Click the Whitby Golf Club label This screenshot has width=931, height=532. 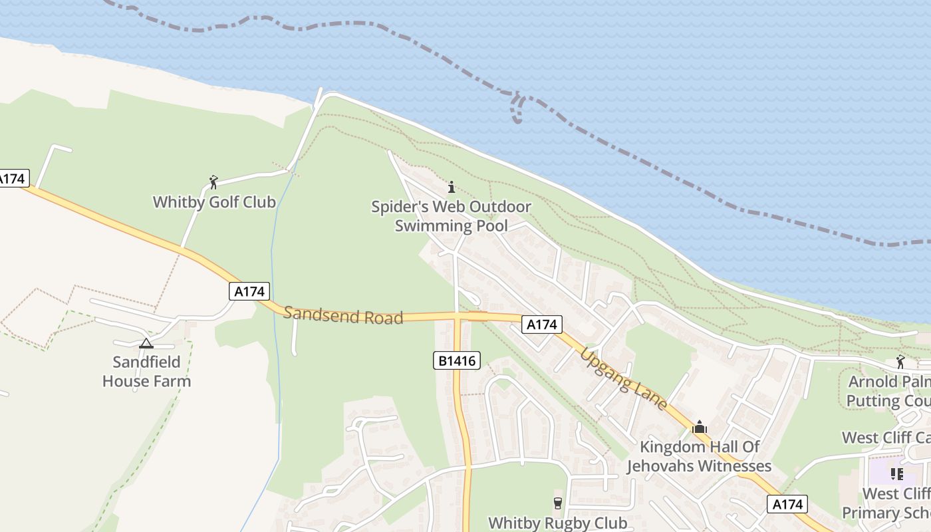tap(214, 202)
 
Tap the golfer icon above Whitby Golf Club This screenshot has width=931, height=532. tap(213, 182)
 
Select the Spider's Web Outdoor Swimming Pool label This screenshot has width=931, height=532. tap(451, 216)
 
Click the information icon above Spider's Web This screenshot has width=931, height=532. tap(452, 187)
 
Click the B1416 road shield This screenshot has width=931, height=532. tap(458, 361)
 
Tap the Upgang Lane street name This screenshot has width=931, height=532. tap(623, 378)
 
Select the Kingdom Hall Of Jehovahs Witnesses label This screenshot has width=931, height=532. tap(699, 456)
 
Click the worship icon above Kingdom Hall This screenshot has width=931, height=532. tap(699, 427)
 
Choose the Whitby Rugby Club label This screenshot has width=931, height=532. tap(558, 523)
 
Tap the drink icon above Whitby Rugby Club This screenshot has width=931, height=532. tap(558, 503)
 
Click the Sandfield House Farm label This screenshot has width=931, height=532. tap(146, 372)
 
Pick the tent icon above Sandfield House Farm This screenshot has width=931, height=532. tap(146, 343)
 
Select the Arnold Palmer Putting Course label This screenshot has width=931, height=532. tap(888, 392)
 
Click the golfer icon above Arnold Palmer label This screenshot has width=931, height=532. tap(900, 362)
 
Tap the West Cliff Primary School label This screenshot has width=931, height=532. tap(887, 503)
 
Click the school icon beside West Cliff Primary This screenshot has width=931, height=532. tap(897, 474)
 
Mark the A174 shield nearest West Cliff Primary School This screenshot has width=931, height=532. tap(787, 504)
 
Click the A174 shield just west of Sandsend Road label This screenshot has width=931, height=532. tap(250, 291)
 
